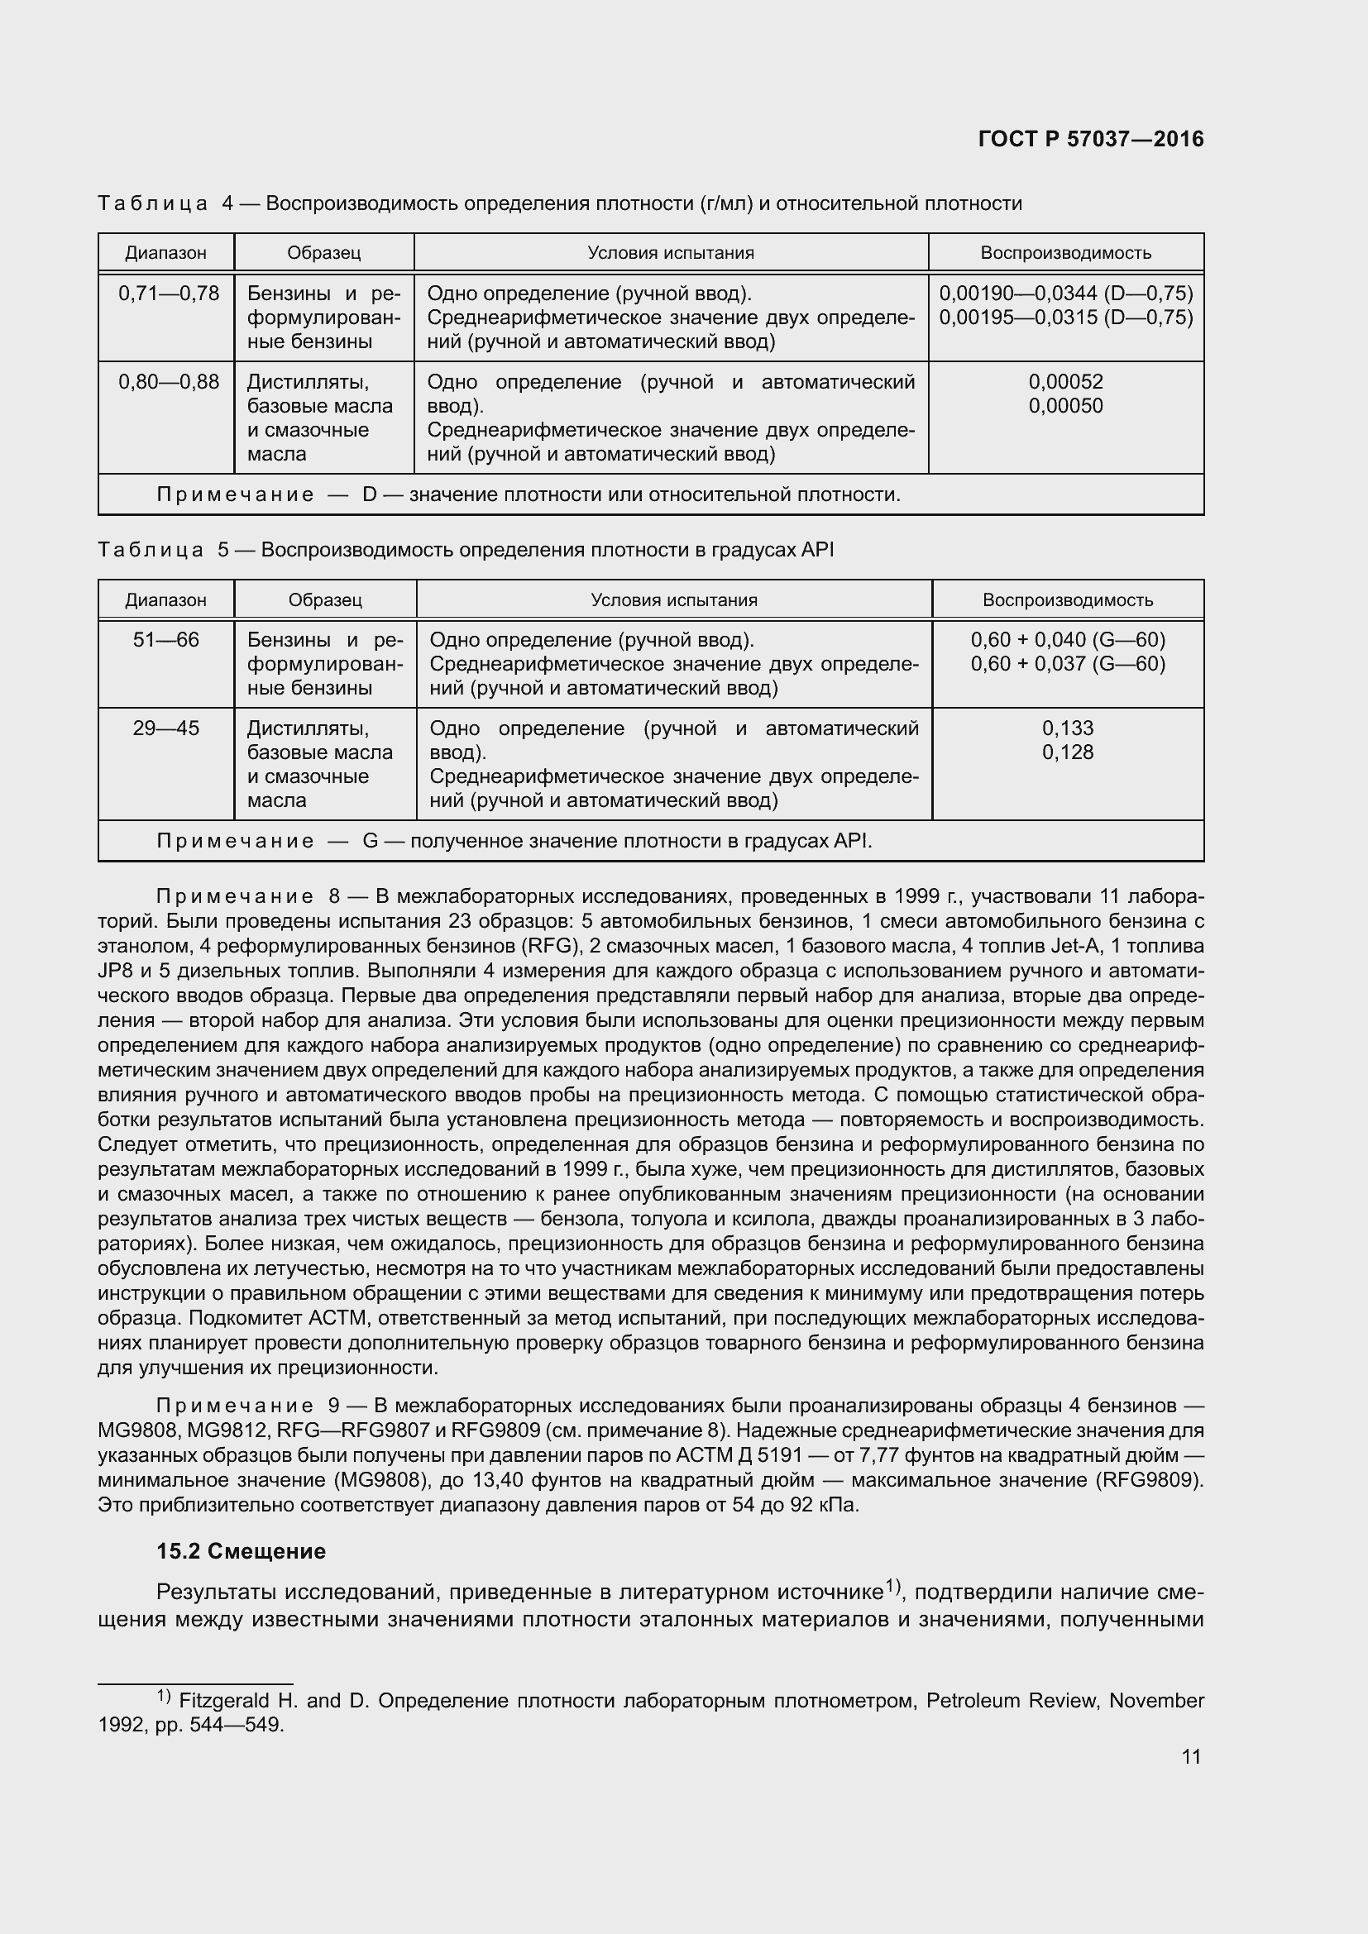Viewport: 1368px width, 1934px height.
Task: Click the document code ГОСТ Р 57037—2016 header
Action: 1091,140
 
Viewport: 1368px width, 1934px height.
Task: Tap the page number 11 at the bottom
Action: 1190,1756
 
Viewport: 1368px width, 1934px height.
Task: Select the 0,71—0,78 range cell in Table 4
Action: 169,294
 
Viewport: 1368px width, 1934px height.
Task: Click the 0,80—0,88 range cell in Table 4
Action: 169,381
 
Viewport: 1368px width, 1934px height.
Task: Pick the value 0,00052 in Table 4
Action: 1065,381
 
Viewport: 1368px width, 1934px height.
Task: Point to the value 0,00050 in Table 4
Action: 1065,406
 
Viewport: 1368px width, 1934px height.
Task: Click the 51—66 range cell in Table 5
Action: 166,639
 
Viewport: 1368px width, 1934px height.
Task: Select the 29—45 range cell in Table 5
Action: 166,728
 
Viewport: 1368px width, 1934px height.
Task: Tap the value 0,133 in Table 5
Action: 1067,728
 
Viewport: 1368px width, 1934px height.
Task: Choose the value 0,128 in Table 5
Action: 1067,752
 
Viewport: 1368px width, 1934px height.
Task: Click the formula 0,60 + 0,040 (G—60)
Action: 1067,639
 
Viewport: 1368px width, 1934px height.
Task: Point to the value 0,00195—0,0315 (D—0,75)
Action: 1065,318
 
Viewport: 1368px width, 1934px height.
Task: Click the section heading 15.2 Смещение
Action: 241,1550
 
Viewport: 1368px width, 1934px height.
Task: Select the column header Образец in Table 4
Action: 323,253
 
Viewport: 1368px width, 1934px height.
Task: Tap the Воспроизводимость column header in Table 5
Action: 1067,599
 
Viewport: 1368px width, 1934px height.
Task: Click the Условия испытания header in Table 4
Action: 671,253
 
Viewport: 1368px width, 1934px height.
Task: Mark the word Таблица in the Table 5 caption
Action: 151,550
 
